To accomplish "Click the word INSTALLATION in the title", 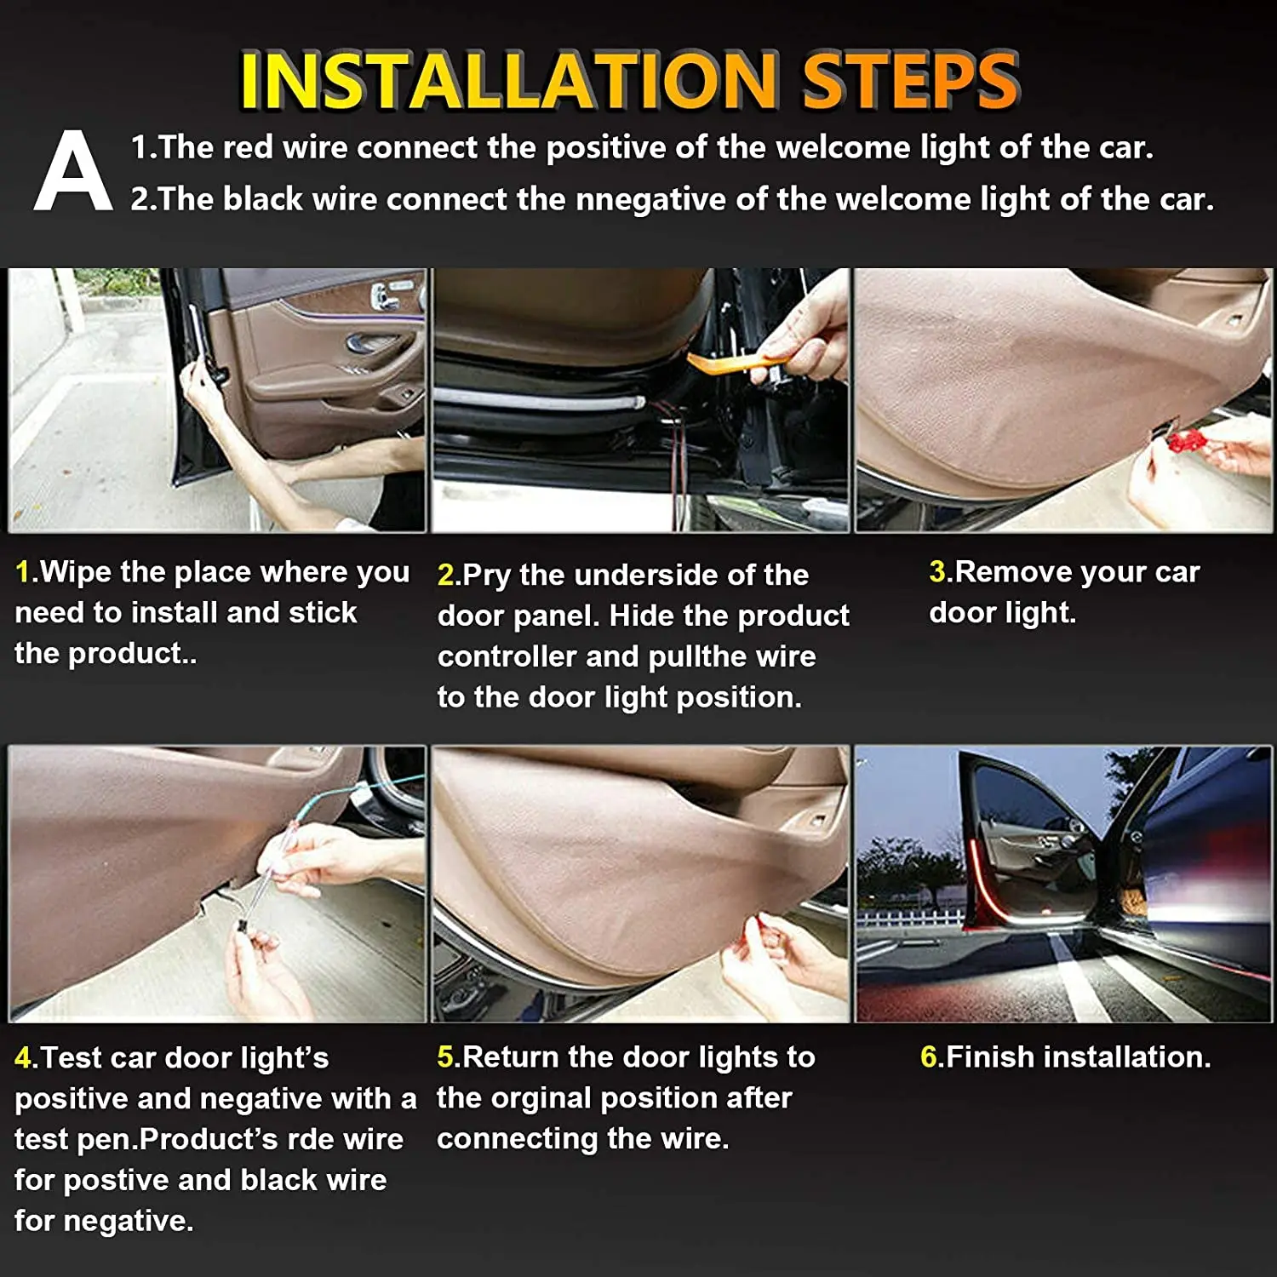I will pos(508,81).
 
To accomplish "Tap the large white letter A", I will pos(72,173).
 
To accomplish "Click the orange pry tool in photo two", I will pos(732,363).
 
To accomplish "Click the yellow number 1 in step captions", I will pos(23,572).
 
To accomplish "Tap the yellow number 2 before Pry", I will pos(446,576).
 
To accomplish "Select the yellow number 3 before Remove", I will pos(937,572).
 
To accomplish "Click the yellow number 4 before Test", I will pos(23,1058).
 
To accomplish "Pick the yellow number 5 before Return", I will pos(446,1057).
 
